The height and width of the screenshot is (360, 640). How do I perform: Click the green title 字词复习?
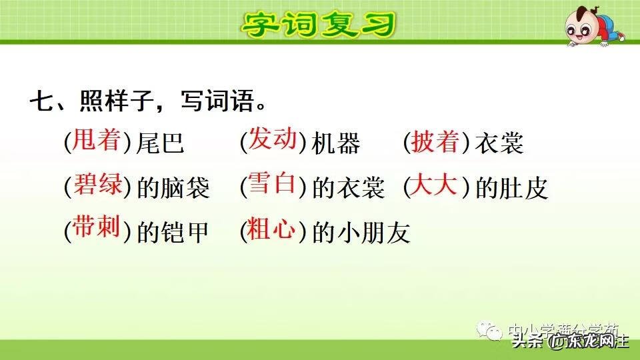click(x=318, y=25)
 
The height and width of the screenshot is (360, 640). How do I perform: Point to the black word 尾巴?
click(x=160, y=143)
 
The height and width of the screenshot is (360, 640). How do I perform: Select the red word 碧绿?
click(x=97, y=185)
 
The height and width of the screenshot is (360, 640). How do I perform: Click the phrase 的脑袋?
click(x=173, y=189)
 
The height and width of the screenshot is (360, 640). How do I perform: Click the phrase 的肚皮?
click(x=511, y=189)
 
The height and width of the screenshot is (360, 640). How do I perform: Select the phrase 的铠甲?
click(x=173, y=232)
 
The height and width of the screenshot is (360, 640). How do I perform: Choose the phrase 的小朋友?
click(x=361, y=232)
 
